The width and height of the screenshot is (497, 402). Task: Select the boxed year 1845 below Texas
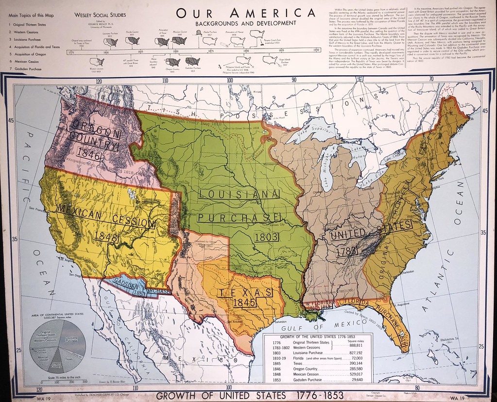pyautogui.click(x=244, y=302)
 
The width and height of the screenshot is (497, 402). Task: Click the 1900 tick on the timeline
pyautogui.click(x=246, y=50)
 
